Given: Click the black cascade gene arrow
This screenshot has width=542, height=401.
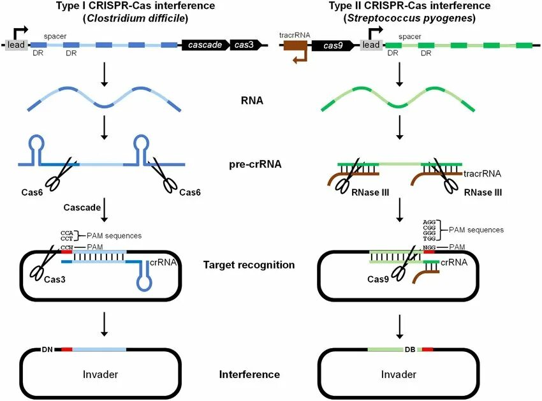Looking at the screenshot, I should (205, 45).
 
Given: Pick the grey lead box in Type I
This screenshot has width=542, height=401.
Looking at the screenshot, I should (16, 45).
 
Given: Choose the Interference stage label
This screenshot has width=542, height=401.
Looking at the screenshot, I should (249, 375).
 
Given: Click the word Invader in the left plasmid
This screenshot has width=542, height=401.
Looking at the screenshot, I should (100, 374).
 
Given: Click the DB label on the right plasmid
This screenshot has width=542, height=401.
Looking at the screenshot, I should (411, 349).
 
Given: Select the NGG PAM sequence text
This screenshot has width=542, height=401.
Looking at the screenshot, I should (431, 246).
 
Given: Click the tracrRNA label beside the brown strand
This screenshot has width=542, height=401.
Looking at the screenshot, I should (483, 173).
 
